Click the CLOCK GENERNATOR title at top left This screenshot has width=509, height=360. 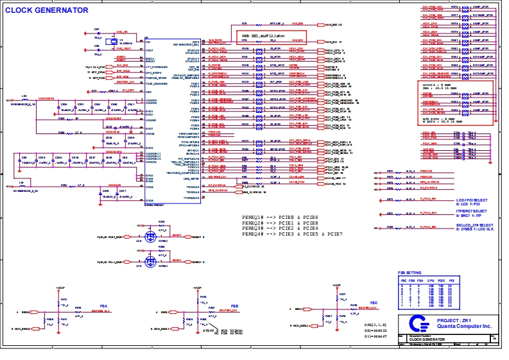tap(47, 10)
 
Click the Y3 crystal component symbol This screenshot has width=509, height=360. tap(113, 42)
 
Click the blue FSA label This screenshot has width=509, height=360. tap(105, 306)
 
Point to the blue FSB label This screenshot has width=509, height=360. tap(234, 306)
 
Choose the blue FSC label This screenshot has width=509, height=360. tap(374, 301)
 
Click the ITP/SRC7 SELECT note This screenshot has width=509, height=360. tap(471, 210)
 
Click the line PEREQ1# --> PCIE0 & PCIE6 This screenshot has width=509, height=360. tap(280, 218)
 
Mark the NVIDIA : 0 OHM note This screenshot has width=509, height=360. tap(437, 85)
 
